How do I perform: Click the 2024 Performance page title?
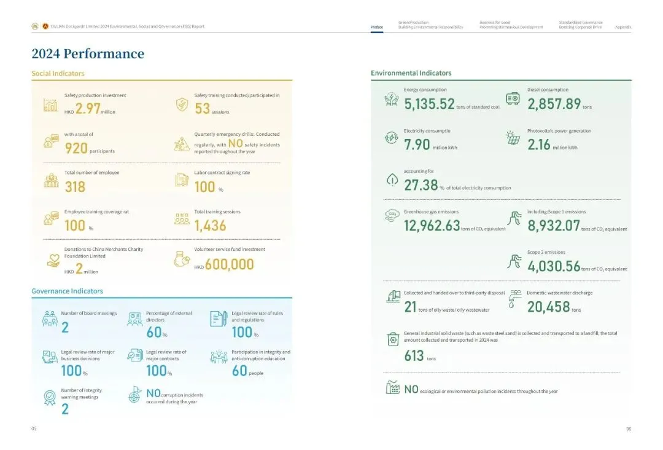point(88,54)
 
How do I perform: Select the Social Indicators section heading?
point(58,74)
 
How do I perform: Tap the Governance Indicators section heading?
point(67,291)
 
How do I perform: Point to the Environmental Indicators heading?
point(411,73)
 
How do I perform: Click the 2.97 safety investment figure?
point(88,109)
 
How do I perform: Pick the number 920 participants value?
point(76,148)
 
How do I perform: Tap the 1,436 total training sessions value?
point(210,226)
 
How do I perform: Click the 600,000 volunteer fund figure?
point(229,265)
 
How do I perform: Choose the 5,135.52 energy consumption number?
point(429,104)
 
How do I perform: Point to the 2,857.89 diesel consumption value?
point(554,104)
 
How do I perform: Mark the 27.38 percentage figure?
point(421,186)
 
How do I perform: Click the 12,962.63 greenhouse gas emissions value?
point(432,226)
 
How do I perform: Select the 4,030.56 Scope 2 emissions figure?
point(554,266)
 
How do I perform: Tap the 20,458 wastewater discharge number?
point(548,307)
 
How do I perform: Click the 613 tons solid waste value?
point(414,355)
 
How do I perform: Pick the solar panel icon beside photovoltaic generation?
point(513,138)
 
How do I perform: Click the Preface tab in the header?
point(376,27)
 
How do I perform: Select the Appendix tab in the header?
point(622,27)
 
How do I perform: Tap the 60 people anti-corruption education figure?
point(239,371)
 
